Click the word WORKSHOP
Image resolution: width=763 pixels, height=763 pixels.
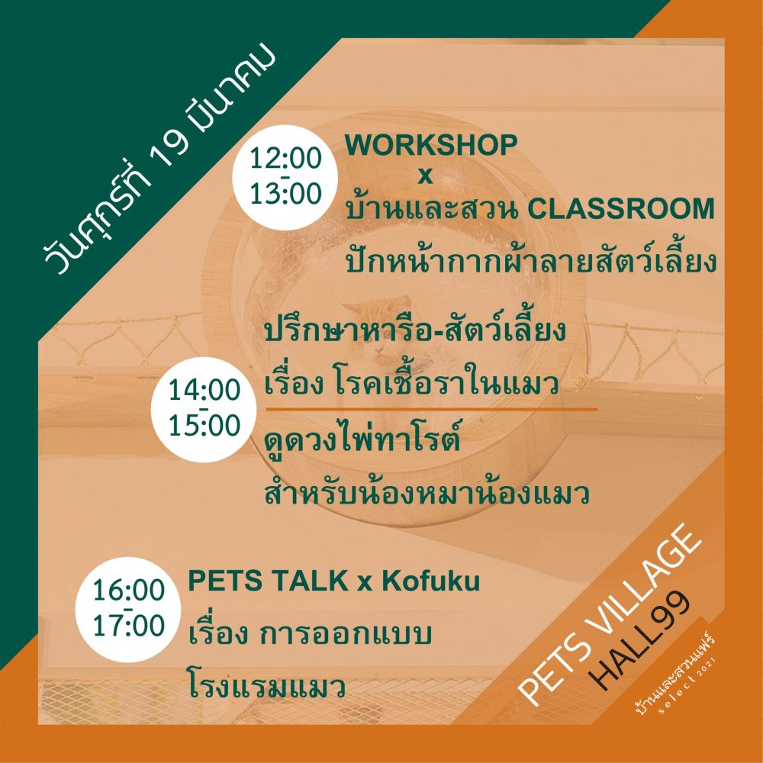click(430, 145)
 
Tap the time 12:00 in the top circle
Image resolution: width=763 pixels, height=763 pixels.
click(285, 159)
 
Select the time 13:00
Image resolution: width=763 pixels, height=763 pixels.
click(285, 193)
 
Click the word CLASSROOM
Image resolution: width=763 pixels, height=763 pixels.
click(620, 209)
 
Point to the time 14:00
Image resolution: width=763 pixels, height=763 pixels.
click(204, 390)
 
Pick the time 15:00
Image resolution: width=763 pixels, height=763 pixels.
click(204, 425)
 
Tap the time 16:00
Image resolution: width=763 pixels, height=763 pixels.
click(129, 591)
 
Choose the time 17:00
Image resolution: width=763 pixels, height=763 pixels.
click(129, 626)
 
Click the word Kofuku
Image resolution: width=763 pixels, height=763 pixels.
click(430, 581)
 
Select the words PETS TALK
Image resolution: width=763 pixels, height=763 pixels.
click(268, 581)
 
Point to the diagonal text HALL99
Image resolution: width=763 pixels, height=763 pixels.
click(642, 640)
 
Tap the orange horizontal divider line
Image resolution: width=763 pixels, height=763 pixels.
click(431, 409)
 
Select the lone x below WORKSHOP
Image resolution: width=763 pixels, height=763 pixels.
click(425, 176)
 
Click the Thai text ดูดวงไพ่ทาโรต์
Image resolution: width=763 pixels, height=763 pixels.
click(362, 438)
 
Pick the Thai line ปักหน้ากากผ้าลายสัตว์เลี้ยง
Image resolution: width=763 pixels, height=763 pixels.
click(530, 260)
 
